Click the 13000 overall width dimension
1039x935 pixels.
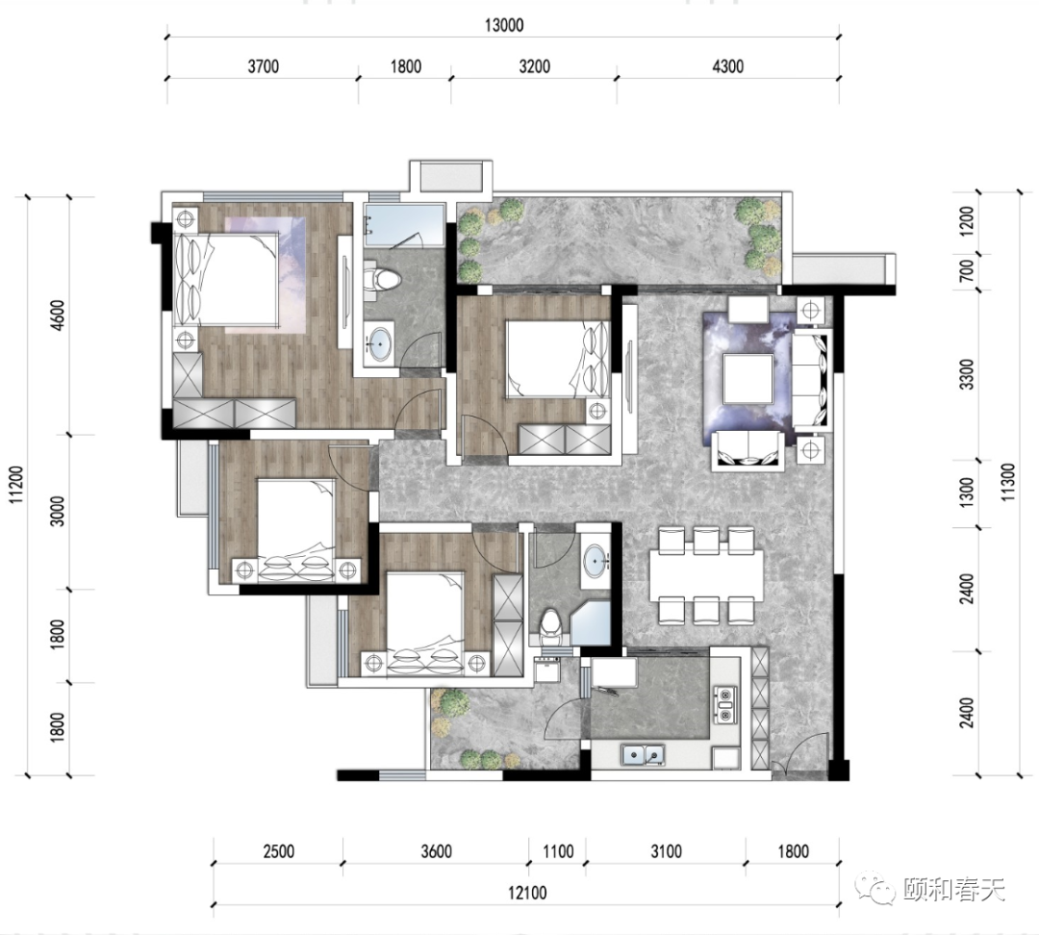coord(503,25)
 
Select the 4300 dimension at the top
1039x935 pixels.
coord(727,66)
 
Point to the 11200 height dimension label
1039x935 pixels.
coord(16,485)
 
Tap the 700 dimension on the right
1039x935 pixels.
coord(967,270)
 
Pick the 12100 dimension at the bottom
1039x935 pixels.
coord(527,893)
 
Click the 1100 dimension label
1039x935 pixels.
coord(558,851)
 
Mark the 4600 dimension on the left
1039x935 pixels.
coord(59,316)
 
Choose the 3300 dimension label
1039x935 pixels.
coord(967,374)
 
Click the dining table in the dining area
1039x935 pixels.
coord(706,574)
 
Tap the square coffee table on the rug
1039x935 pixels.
coord(748,378)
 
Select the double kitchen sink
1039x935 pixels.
coord(643,754)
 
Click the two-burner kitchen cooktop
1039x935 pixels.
coord(725,705)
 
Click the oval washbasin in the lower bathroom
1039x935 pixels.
coord(596,560)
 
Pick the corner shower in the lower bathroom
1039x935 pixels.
coord(591,623)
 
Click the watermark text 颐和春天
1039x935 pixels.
coord(954,889)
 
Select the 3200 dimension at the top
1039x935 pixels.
coord(534,66)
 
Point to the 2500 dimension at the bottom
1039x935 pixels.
coord(278,851)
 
